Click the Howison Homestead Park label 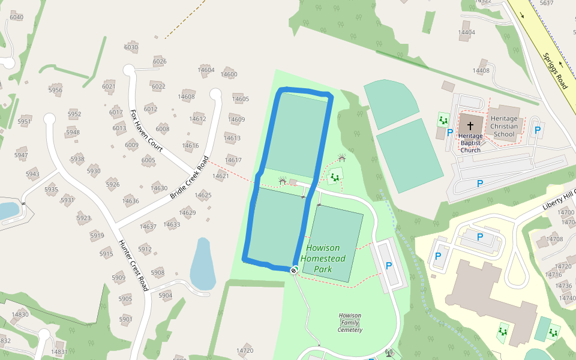(323, 259)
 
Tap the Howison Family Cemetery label (350, 323)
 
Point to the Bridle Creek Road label (190, 178)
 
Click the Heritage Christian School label (504, 127)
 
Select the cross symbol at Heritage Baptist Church (470, 126)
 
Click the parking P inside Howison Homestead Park (388, 266)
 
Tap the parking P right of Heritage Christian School (538, 130)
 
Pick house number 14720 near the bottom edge (245, 350)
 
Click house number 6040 (17, 17)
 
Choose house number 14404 (466, 32)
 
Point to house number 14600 (229, 74)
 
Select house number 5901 (125, 319)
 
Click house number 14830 (20, 314)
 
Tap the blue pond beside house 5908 (202, 264)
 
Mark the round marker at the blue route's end (294, 271)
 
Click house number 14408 (481, 71)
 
